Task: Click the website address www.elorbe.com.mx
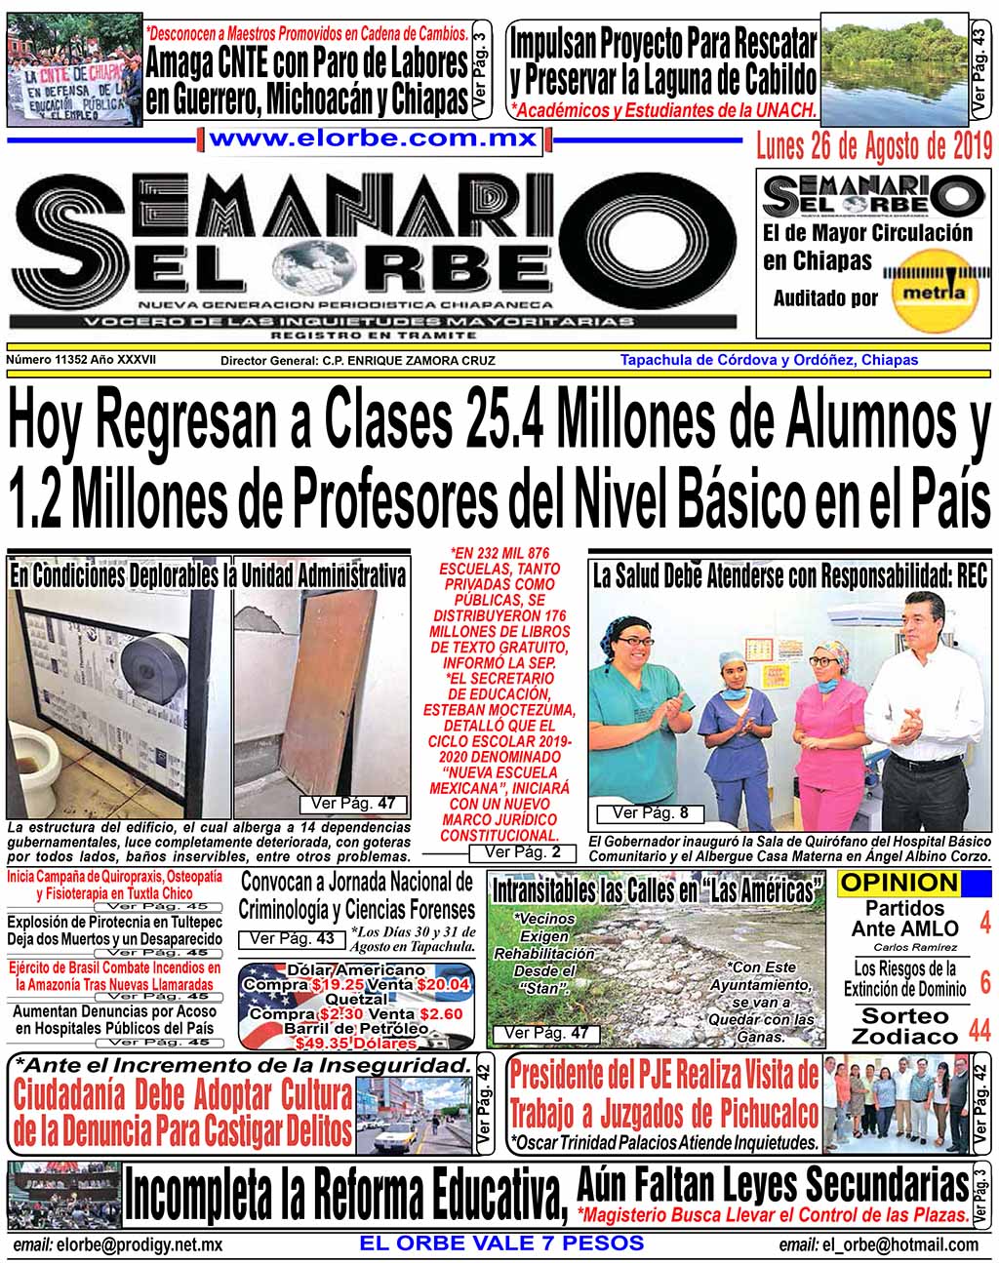(x=373, y=139)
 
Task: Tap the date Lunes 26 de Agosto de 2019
(x=874, y=146)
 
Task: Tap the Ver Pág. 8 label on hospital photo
(x=650, y=812)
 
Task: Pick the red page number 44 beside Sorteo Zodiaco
(x=979, y=1027)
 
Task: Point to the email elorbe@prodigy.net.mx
(x=118, y=1245)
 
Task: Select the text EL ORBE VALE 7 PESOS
(x=501, y=1243)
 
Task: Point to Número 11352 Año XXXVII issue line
(x=81, y=360)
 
